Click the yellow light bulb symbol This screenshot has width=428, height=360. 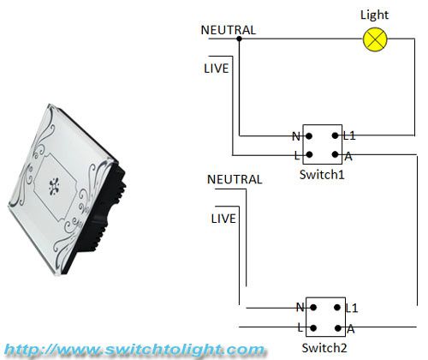375,39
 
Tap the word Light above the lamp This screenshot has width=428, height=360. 374,15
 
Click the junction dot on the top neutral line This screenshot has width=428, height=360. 240,39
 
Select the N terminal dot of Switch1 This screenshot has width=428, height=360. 309,136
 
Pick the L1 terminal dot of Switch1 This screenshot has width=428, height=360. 336,135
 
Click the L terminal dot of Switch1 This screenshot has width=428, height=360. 309,155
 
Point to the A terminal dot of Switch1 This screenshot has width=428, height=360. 336,155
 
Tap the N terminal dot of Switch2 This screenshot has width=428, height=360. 313,308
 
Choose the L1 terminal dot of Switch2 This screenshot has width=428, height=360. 337,308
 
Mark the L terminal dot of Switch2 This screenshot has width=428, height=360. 313,328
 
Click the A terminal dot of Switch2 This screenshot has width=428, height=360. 338,328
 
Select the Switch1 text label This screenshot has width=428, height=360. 322,174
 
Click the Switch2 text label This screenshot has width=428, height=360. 324,348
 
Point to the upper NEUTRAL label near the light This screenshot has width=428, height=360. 229,30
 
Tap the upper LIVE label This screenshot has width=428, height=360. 217,69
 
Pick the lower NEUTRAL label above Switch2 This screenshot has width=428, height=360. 235,179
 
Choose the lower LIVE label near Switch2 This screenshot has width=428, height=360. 223,219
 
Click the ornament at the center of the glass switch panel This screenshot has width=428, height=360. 54,187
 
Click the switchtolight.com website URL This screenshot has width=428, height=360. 134,350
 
